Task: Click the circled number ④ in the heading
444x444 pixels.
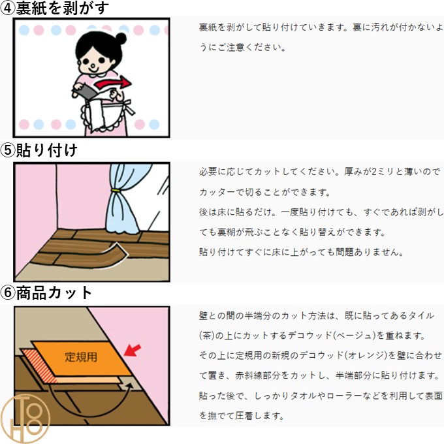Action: pyautogui.click(x=8, y=8)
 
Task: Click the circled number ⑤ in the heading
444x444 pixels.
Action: pyautogui.click(x=8, y=150)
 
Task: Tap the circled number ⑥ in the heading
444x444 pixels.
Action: pyautogui.click(x=8, y=293)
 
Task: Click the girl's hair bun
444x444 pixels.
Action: pyautogui.click(x=121, y=39)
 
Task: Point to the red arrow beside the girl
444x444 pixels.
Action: pyautogui.click(x=113, y=83)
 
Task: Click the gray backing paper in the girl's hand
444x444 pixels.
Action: pyautogui.click(x=85, y=90)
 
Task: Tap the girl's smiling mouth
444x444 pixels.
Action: pyautogui.click(x=93, y=70)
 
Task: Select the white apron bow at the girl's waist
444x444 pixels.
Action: pyautogui.click(x=129, y=106)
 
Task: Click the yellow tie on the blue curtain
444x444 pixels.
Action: pyautogui.click(x=116, y=190)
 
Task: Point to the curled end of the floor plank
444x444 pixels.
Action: pyautogui.click(x=119, y=250)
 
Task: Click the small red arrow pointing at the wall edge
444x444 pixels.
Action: pyautogui.click(x=132, y=351)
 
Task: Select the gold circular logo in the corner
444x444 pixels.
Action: pyautogui.click(x=25, y=419)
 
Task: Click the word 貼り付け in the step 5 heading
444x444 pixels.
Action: pyautogui.click(x=47, y=150)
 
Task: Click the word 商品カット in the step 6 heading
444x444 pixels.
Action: pyautogui.click(x=54, y=293)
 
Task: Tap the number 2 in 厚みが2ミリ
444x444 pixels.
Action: pyautogui.click(x=374, y=172)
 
